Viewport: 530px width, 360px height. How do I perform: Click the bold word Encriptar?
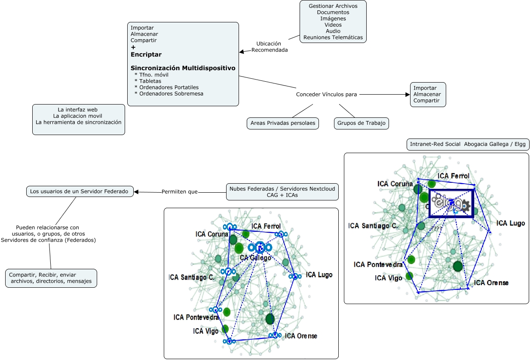click(x=146, y=55)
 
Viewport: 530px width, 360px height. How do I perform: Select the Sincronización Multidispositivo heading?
click(x=183, y=68)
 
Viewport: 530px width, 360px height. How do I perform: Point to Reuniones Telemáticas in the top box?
click(x=333, y=37)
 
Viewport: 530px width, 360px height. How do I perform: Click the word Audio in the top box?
click(x=333, y=31)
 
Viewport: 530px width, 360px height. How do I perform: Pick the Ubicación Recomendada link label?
click(x=269, y=46)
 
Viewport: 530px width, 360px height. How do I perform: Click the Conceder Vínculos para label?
click(x=326, y=94)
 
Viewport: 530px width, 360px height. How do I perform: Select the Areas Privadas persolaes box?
click(x=283, y=123)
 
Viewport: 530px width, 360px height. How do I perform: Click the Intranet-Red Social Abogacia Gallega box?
click(x=468, y=145)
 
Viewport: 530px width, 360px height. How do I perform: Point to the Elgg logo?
click(x=450, y=203)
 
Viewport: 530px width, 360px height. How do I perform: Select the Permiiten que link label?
click(x=179, y=192)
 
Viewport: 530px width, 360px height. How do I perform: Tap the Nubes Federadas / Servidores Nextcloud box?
click(x=282, y=192)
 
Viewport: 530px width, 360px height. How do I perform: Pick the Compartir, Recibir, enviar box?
click(x=51, y=278)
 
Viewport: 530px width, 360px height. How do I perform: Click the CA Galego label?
click(x=255, y=258)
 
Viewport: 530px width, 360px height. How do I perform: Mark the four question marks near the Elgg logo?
click(x=436, y=228)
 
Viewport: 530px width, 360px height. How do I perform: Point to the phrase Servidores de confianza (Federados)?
click(x=49, y=240)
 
